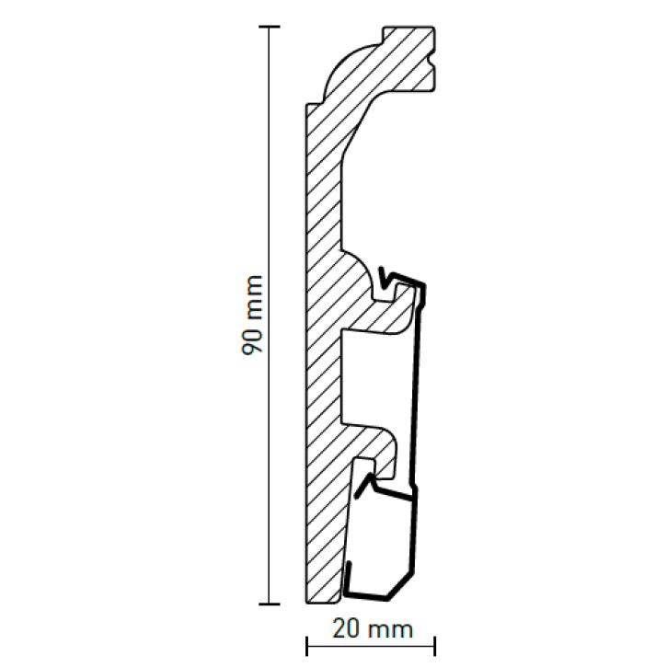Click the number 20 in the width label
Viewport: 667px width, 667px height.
coord(347,628)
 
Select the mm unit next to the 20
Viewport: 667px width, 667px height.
coord(390,630)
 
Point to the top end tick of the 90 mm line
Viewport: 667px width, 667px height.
coord(270,27)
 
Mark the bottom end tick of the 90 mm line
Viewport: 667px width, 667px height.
coord(270,604)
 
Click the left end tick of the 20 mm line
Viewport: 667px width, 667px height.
coord(306,646)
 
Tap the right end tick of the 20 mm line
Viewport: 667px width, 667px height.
coord(434,646)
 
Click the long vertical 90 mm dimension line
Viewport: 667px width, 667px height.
coord(270,316)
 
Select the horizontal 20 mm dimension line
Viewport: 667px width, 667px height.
coord(371,646)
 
